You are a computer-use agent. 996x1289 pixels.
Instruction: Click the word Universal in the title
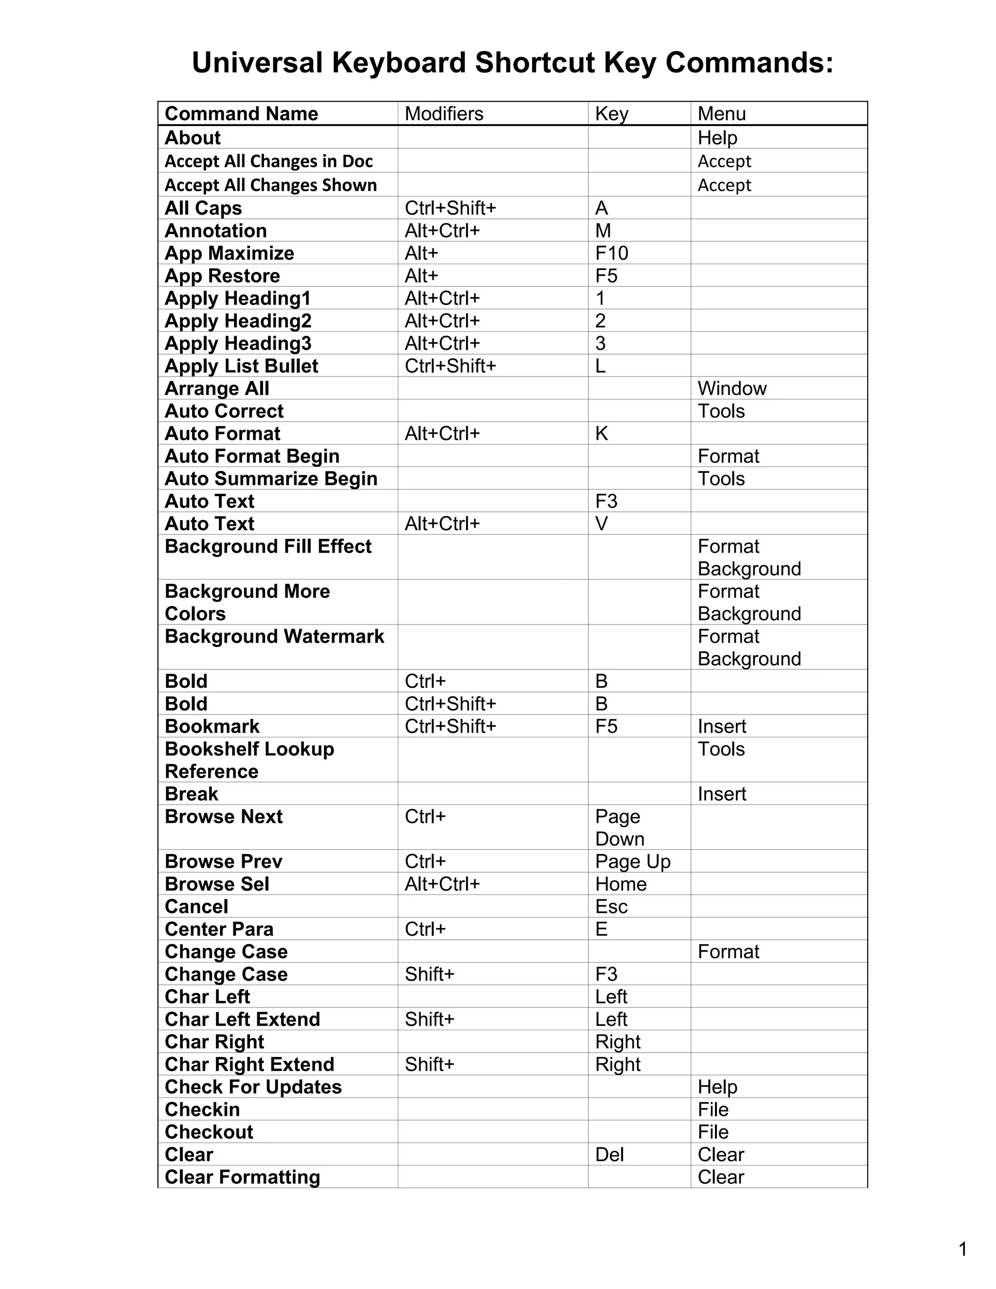tap(257, 63)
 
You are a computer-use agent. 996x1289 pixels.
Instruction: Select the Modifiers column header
tap(444, 114)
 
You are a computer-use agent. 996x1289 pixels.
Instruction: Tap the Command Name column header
tap(241, 114)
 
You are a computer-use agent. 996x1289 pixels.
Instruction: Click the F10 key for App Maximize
tap(611, 253)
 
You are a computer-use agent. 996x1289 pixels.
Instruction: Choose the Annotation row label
tap(216, 231)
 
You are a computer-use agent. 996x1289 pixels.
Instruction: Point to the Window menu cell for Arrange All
tap(731, 388)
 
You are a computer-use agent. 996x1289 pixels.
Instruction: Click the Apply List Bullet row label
tap(241, 366)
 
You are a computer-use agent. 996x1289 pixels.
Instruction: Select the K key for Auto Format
tap(601, 434)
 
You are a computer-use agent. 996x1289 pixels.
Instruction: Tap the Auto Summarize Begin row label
tap(271, 479)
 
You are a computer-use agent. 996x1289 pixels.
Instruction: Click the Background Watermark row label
tap(274, 636)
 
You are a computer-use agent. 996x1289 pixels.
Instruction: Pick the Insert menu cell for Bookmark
tap(722, 727)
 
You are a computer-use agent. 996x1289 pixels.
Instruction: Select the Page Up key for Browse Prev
tap(633, 862)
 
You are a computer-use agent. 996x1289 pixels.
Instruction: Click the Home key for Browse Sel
tap(621, 884)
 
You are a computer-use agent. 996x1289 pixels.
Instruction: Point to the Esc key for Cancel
tap(611, 907)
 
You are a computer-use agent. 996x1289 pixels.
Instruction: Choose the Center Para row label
tap(219, 929)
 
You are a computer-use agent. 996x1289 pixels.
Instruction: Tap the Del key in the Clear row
tap(609, 1154)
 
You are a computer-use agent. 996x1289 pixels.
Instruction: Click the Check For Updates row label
tap(253, 1087)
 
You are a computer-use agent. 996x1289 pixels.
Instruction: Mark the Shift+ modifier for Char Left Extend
tap(429, 1019)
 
